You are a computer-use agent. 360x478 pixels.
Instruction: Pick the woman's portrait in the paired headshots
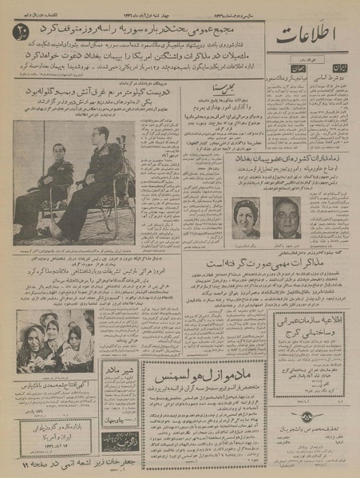(x=244, y=216)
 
